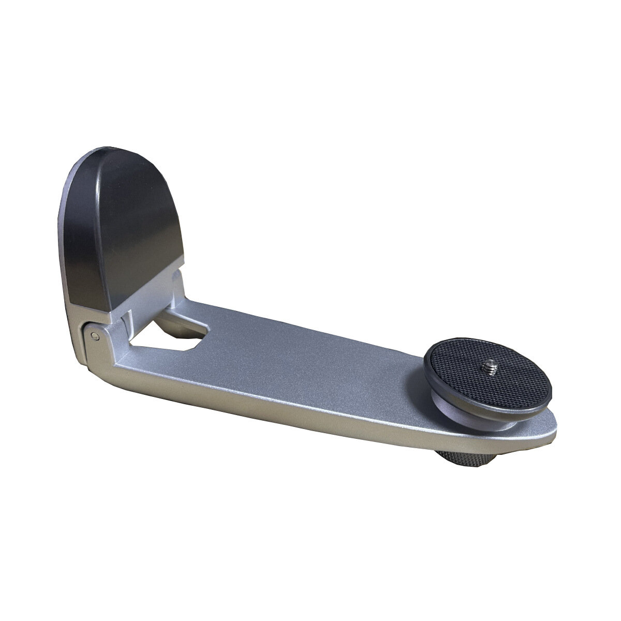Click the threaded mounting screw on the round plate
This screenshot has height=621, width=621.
pyautogui.click(x=488, y=369)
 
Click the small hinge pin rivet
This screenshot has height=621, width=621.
pyautogui.click(x=94, y=337)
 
